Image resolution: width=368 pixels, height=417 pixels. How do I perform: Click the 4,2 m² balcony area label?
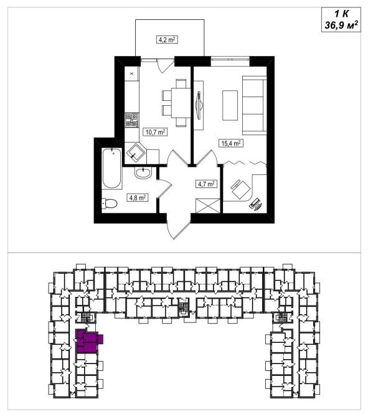click(167, 40)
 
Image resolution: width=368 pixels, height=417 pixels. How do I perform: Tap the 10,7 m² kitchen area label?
click(156, 132)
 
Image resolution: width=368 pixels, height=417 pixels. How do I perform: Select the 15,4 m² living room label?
click(231, 143)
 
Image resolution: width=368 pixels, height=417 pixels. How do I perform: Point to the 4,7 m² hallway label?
click(206, 184)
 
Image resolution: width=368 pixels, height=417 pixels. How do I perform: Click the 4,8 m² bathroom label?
click(138, 197)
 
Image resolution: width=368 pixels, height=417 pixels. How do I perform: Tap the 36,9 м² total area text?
click(341, 26)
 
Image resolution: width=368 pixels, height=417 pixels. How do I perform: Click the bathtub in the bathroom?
click(112, 169)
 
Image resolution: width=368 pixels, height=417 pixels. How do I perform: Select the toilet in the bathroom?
click(110, 204)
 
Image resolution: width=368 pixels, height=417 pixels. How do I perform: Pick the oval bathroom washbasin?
click(143, 173)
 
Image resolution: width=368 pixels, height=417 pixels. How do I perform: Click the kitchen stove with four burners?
click(132, 119)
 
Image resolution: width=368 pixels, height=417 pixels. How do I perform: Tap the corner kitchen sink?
click(136, 154)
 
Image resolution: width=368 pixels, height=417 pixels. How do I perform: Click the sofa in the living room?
click(255, 105)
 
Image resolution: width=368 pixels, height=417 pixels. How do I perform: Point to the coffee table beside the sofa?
click(230, 105)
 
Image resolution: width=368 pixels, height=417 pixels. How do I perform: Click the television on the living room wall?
click(199, 105)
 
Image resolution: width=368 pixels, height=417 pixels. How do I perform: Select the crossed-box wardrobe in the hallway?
click(207, 205)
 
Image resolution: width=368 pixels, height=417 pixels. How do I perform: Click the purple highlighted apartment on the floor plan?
click(87, 341)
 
